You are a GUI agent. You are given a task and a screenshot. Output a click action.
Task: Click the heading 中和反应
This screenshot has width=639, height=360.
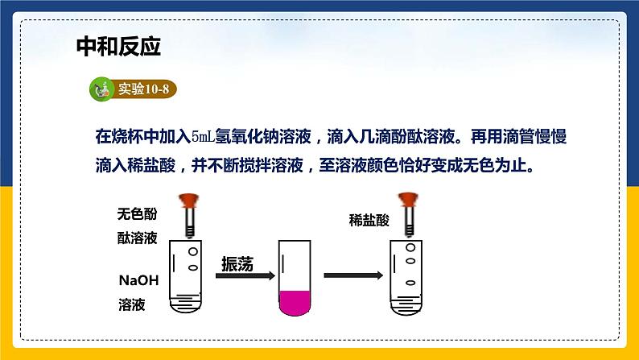click(x=118, y=46)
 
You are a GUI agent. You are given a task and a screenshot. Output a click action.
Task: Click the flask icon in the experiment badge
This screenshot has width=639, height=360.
click(x=102, y=89)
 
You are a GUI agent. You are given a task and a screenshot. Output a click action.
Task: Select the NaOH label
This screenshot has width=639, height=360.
click(x=139, y=281)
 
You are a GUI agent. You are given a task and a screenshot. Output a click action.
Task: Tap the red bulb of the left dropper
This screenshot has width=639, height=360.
click(x=191, y=198)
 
